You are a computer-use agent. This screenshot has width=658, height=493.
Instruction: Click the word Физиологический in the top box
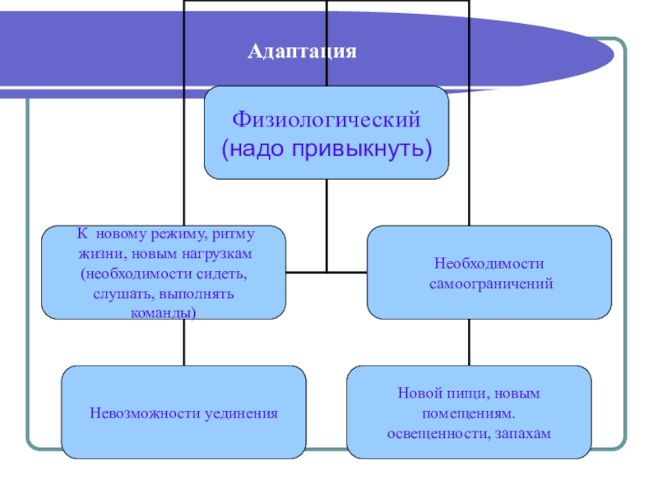[327, 120]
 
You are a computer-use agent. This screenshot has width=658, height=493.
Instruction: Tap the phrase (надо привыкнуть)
[327, 150]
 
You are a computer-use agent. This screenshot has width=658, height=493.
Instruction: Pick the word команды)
[164, 313]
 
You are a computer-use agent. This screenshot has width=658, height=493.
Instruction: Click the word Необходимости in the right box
[489, 264]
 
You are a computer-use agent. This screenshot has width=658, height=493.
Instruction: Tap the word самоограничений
[489, 283]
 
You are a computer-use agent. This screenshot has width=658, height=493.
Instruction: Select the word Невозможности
[139, 412]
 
